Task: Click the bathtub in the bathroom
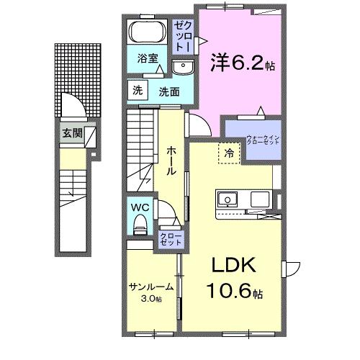point(149,34)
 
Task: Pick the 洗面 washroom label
point(169,91)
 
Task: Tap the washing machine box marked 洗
point(137,91)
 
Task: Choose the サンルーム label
point(150,287)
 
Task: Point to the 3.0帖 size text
point(151,297)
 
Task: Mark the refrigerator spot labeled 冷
point(228,153)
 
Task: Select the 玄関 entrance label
point(72,132)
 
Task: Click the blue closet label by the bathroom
point(181,35)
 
